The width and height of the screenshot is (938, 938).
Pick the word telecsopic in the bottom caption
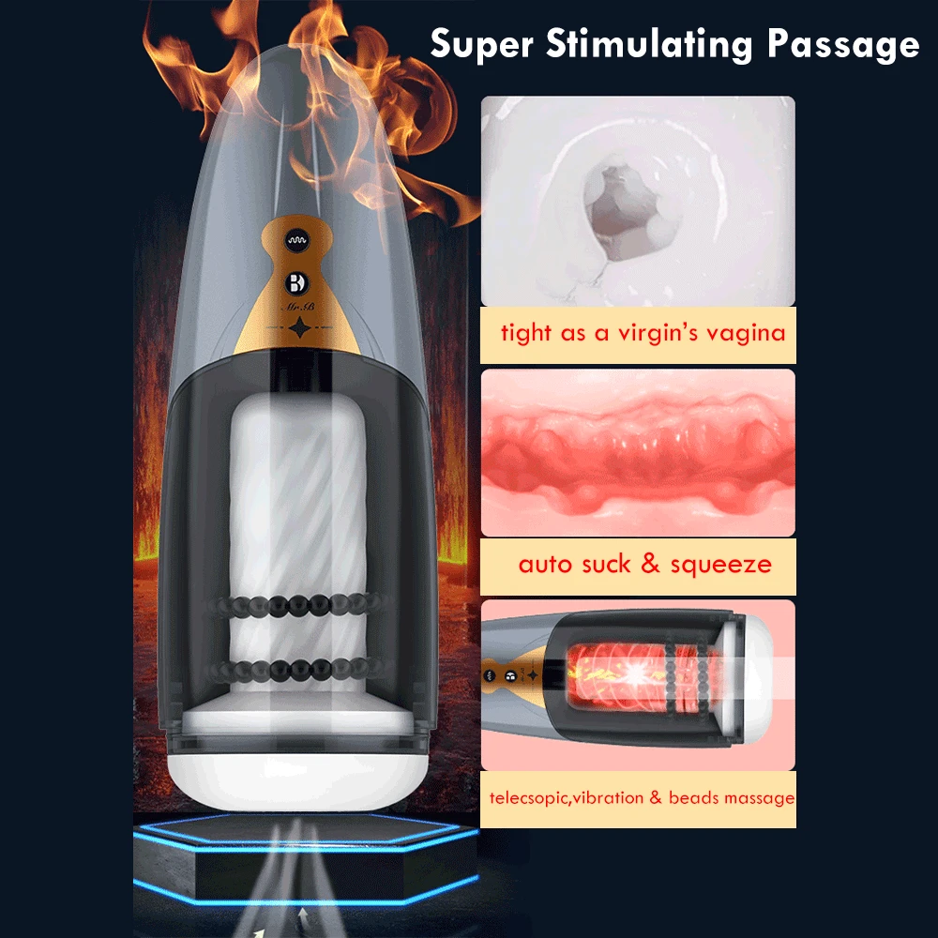pos(526,798)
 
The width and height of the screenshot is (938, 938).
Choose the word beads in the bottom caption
pos(690,798)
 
